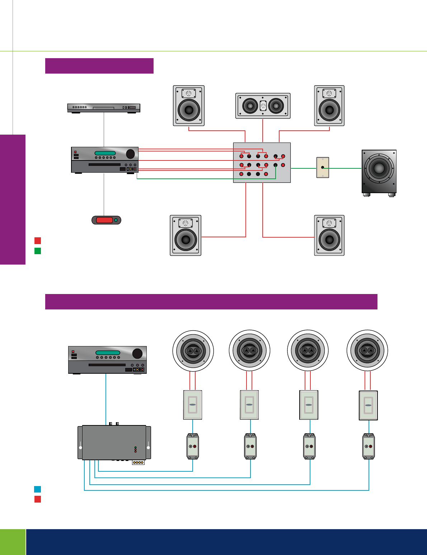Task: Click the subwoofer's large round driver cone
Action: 379,168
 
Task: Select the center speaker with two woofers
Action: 263,106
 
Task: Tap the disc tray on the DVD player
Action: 103,108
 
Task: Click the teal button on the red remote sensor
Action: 116,220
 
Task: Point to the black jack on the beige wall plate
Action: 323,167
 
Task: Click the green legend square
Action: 38,251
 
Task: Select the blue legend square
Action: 38,489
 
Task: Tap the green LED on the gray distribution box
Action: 135,447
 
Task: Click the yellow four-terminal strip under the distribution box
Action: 138,462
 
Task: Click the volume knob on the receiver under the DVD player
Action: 130,154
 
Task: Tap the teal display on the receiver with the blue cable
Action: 108,353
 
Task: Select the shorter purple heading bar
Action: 99,66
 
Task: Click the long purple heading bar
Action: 211,302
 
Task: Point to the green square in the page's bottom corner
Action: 13,542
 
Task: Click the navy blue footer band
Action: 226,542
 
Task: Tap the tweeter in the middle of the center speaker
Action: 263,106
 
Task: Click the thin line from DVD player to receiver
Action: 104,129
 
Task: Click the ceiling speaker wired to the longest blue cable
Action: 367,350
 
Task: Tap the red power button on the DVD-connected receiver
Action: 76,152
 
